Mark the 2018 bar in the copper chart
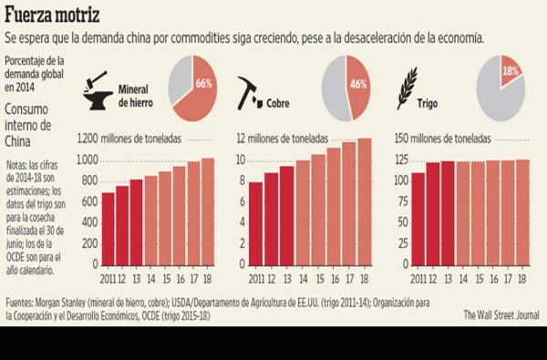[x=364, y=202]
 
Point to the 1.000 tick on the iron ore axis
[x=86, y=159]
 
